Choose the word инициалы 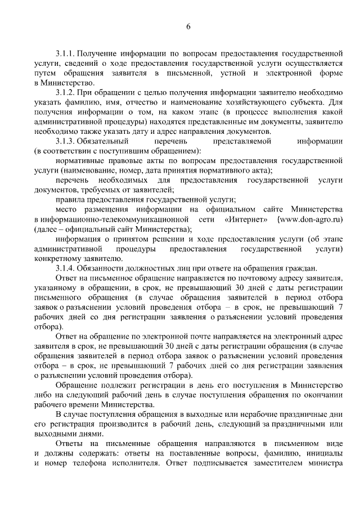click(x=324, y=454)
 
